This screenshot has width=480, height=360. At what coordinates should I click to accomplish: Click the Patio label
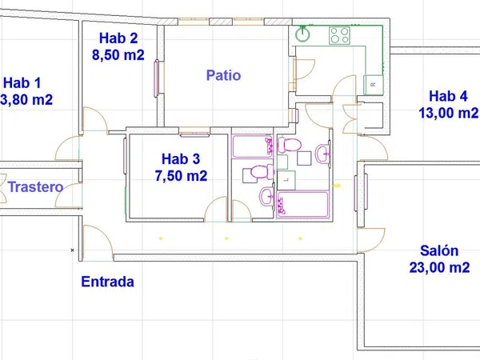point(223,75)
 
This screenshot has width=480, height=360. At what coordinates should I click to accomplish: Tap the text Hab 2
point(118,38)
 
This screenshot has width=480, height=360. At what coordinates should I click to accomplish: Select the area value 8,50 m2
point(118,55)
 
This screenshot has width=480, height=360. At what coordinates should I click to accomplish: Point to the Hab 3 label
point(181,159)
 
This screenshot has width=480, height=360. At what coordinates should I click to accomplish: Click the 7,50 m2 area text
point(181,176)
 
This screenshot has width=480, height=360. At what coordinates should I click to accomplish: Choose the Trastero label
point(35,186)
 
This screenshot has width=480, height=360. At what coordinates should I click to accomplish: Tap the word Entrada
point(107,282)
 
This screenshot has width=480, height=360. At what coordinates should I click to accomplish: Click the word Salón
point(439,250)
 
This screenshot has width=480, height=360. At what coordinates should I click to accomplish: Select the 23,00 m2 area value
point(439,267)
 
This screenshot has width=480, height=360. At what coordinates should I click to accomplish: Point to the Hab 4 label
point(448,96)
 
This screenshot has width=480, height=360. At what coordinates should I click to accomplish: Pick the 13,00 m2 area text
point(448,113)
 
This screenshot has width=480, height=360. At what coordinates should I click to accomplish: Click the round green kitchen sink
point(302,34)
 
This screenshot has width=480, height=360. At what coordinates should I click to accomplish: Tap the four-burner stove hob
point(339,35)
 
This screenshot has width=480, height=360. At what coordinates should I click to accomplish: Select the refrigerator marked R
point(374,85)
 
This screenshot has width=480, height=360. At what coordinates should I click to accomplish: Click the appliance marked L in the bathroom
point(286,180)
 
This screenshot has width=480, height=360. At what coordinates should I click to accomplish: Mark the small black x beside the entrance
point(73,250)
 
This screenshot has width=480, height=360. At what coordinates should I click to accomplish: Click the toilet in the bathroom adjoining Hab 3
point(259,173)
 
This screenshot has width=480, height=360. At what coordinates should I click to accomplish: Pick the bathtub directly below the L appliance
point(302,205)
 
